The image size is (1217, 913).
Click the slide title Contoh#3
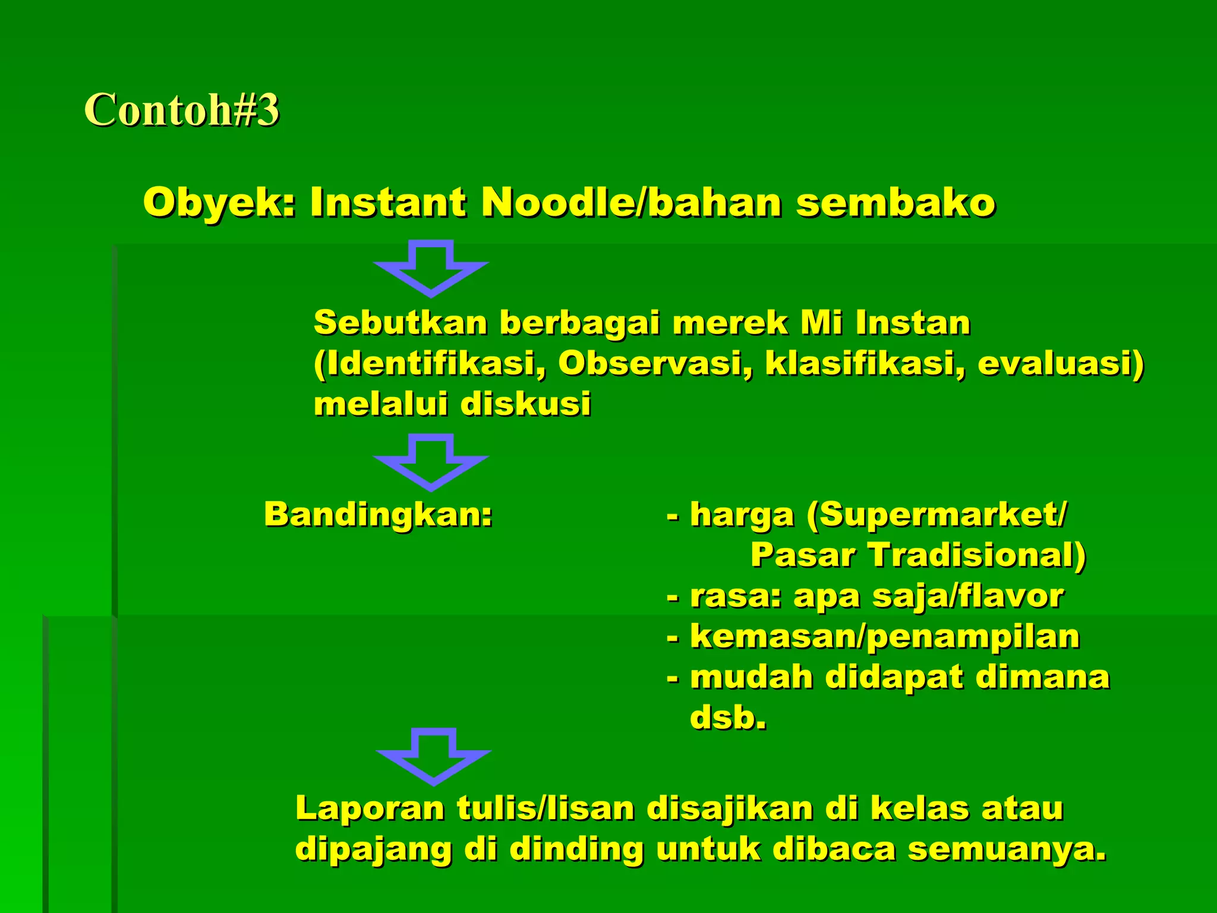tap(181, 110)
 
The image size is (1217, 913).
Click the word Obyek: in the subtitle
tap(219, 203)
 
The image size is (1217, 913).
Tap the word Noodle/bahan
tap(631, 203)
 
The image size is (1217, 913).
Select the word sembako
tap(896, 203)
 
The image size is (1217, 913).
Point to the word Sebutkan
tap(400, 323)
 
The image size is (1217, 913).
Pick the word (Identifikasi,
tap(430, 364)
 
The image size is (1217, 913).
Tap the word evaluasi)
tap(1060, 364)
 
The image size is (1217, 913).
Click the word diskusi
tap(525, 404)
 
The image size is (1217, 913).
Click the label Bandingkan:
tap(379, 514)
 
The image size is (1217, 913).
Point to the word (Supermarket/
tap(937, 514)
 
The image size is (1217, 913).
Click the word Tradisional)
tap(978, 555)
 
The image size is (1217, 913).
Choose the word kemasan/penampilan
tap(885, 637)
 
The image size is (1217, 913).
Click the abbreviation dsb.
tap(727, 717)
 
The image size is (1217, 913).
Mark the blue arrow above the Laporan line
tap(434, 757)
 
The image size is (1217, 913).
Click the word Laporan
tap(370, 808)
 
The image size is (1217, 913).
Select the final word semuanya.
tap(1007, 849)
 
